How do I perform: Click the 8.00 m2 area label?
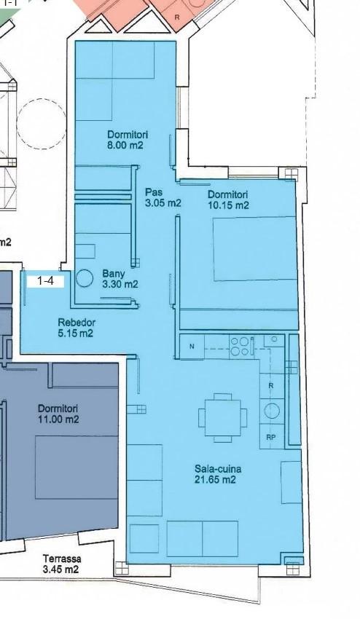pyautogui.click(x=125, y=145)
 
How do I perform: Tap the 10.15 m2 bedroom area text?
pyautogui.click(x=228, y=205)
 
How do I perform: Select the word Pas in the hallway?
pyautogui.click(x=154, y=193)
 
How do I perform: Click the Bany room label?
pyautogui.click(x=114, y=274)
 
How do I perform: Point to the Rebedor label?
pyautogui.click(x=77, y=323)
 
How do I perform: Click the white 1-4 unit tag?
pyautogui.click(x=44, y=281)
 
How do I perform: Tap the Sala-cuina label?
pyautogui.click(x=218, y=469)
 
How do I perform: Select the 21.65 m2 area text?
pyautogui.click(x=216, y=480)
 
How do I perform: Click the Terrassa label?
pyautogui.click(x=62, y=559)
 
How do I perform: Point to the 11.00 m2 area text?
pyautogui.click(x=58, y=419)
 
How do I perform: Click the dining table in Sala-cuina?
pyautogui.click(x=222, y=418)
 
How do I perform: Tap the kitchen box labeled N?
pyautogui.click(x=192, y=347)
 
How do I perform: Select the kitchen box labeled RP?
pyautogui.click(x=271, y=437)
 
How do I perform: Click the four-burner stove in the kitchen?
pyautogui.click(x=240, y=346)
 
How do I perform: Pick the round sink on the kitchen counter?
pyautogui.click(x=272, y=411)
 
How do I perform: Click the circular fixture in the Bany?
pyautogui.click(x=85, y=278)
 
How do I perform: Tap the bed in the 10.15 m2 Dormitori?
pyautogui.click(x=255, y=249)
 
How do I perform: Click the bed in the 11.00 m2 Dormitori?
pyautogui.click(x=77, y=467)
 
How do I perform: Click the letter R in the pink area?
pyautogui.click(x=176, y=17)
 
